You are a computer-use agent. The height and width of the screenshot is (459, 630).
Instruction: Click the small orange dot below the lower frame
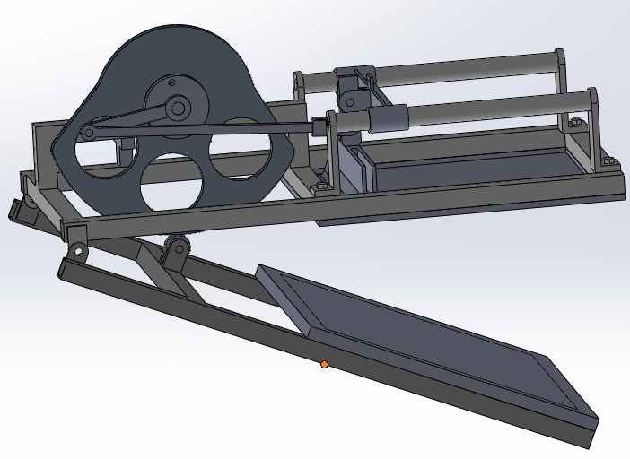pos(324,364)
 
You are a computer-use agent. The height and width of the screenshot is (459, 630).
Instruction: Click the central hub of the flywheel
pos(178,108)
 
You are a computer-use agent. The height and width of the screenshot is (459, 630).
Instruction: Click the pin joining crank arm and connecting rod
pos(89,134)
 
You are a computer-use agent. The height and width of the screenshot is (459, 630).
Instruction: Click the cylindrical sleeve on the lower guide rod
pos(387,117)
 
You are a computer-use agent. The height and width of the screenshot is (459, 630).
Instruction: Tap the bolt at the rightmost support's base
pos(613,162)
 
